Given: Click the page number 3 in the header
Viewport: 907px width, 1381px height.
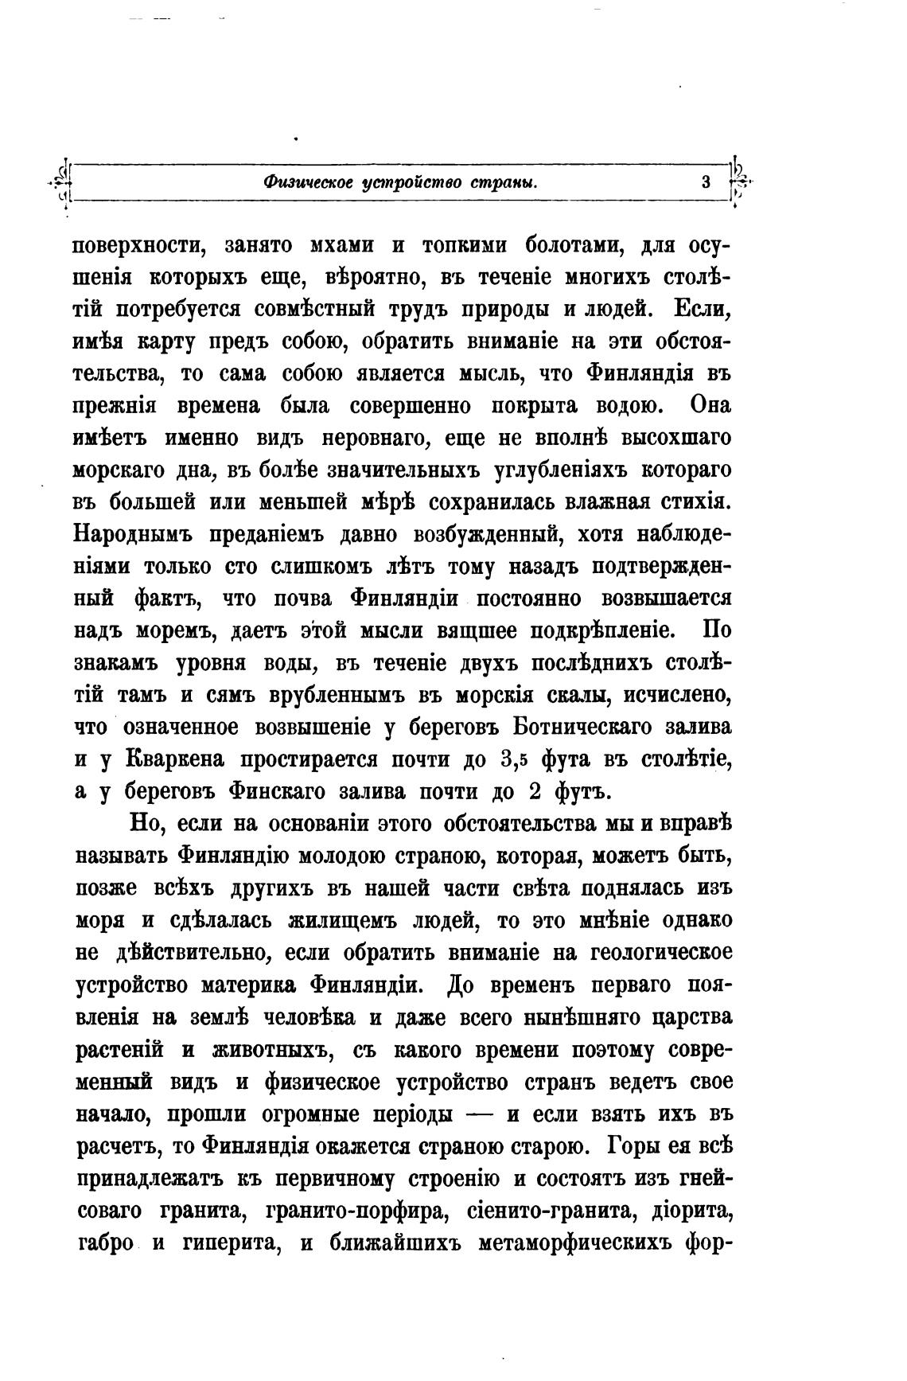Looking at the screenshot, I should click(705, 181).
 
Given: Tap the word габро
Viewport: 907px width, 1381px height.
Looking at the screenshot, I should click(105, 1243).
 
